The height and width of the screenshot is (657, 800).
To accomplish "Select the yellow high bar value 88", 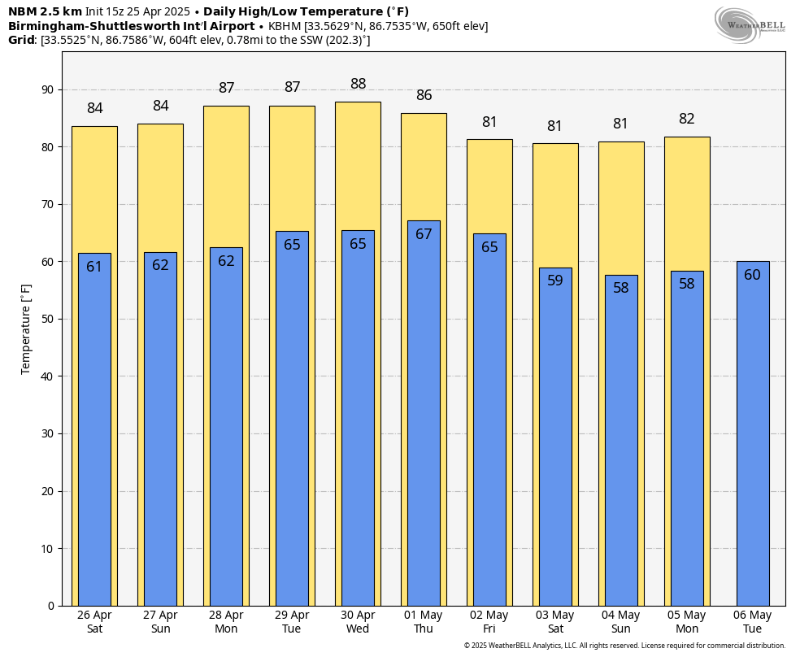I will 358,84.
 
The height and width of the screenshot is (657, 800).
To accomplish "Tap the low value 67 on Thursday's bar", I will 424,234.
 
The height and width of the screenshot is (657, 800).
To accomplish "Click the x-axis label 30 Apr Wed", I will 358,622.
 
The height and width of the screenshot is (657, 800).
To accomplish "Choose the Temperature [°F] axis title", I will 26,328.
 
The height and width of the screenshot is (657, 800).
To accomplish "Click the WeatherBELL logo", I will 750,24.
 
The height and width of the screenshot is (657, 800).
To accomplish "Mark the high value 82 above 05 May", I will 687,119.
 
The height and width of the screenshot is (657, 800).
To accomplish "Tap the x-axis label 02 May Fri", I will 489,622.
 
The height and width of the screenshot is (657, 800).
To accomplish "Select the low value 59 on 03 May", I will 555,281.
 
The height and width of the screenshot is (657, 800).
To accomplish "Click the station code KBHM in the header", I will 285,26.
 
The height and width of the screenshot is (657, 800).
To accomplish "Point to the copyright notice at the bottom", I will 624,646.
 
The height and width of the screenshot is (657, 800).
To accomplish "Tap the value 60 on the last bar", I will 753,275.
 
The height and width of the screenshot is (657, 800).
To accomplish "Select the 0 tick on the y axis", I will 50,606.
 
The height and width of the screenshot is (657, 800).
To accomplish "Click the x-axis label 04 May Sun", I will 621,622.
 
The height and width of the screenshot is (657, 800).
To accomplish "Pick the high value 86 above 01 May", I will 424,95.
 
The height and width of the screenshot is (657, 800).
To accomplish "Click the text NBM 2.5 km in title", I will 45,11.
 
